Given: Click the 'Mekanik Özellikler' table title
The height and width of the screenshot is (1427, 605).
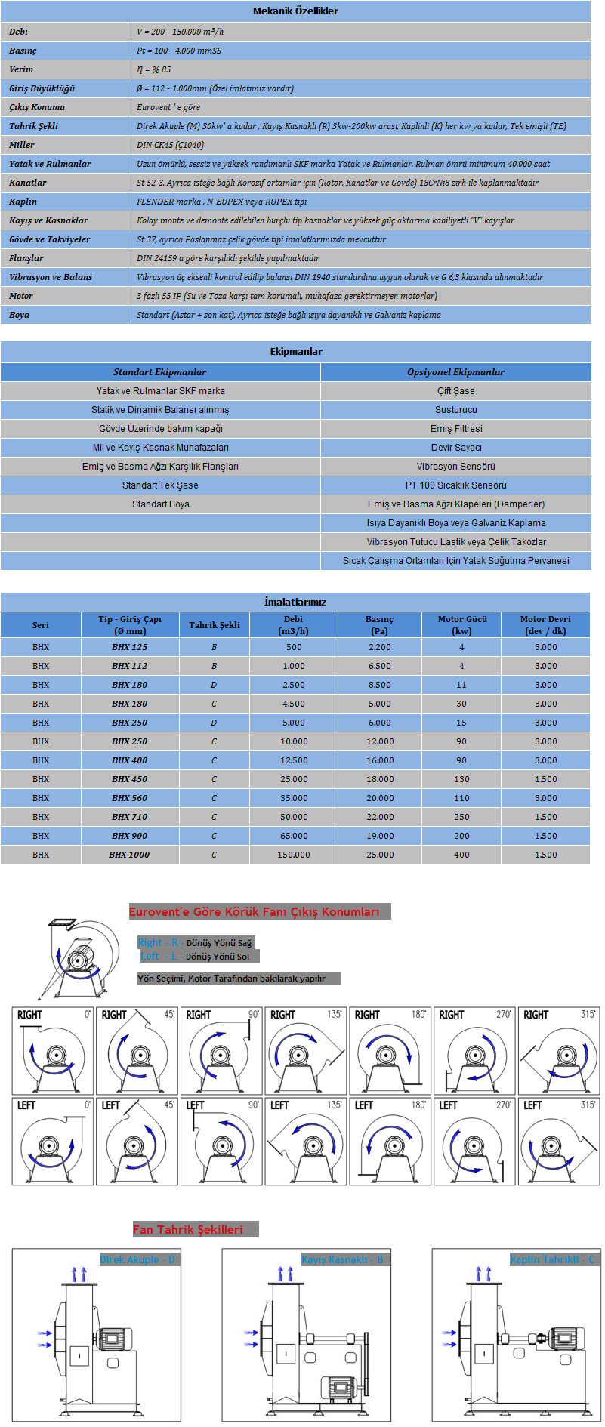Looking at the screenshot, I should pyautogui.click(x=295, y=11).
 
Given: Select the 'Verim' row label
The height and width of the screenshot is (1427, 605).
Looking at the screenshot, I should pyautogui.click(x=21, y=69).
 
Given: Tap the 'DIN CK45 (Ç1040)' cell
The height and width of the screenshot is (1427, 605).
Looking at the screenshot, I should pyautogui.click(x=170, y=145).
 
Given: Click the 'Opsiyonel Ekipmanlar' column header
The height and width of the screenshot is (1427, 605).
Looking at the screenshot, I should pyautogui.click(x=455, y=372).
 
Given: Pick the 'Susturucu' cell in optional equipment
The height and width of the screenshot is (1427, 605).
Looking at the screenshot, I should pyautogui.click(x=455, y=410).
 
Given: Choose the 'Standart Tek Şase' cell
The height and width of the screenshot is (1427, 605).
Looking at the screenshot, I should pyautogui.click(x=160, y=485).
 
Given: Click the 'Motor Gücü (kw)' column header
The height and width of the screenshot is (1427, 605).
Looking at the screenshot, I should pyautogui.click(x=461, y=625).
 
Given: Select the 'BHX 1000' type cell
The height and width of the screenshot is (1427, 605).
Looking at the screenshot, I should pyautogui.click(x=129, y=855).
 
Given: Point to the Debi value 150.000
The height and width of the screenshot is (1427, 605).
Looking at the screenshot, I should pyautogui.click(x=294, y=855).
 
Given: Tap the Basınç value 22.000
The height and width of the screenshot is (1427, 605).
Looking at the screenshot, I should pyautogui.click(x=380, y=817).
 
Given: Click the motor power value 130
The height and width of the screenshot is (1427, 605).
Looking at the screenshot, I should pyautogui.click(x=461, y=779).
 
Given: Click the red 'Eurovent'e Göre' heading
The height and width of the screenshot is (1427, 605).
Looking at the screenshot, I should pyautogui.click(x=255, y=912).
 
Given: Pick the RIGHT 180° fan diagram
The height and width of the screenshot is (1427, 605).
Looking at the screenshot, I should pyautogui.click(x=390, y=1051).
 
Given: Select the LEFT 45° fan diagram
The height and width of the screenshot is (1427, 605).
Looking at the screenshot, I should pyautogui.click(x=137, y=1142).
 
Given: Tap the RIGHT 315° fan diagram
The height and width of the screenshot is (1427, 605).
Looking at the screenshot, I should pyautogui.click(x=559, y=1051).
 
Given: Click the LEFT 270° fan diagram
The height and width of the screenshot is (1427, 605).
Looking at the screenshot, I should pyautogui.click(x=474, y=1142).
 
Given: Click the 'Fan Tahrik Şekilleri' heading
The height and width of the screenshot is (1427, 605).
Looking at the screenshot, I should pyautogui.click(x=188, y=1230).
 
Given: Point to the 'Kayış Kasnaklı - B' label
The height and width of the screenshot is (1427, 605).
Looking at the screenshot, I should pyautogui.click(x=342, y=1260).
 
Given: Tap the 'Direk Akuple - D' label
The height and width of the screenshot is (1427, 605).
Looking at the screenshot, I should pyautogui.click(x=137, y=1260).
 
